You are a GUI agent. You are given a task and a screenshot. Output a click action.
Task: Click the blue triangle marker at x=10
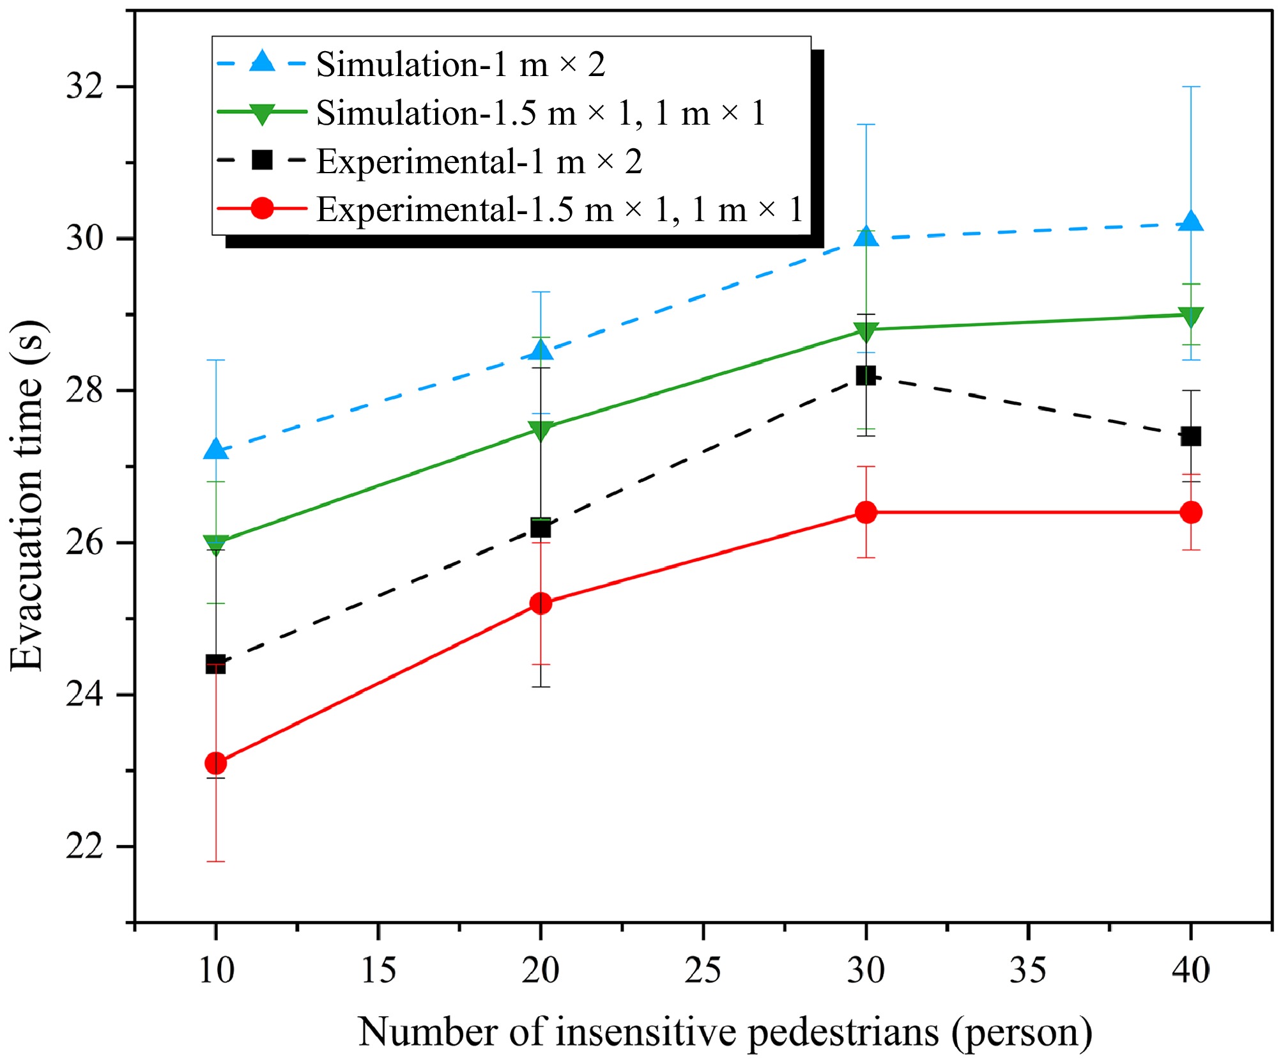coord(216,450)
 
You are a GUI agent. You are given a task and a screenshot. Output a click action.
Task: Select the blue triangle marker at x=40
coord(1191,222)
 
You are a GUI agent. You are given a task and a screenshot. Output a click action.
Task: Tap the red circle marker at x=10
coord(216,763)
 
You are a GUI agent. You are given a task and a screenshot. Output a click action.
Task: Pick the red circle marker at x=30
coord(866,512)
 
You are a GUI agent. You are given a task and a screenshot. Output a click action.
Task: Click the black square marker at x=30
coord(866,375)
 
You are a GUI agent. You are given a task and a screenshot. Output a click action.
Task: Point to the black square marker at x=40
coord(1191,437)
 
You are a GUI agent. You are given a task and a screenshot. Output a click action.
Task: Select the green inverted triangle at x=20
coord(541,431)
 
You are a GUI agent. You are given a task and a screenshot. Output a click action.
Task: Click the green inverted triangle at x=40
coord(1191,316)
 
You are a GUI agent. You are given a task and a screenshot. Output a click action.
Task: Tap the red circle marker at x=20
coord(541,603)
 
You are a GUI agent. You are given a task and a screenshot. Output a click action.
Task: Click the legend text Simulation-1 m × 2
coord(460,65)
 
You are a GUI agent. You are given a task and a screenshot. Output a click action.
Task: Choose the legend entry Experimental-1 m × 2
coord(479,161)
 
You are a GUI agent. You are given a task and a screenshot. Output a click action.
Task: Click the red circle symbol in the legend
coord(262,208)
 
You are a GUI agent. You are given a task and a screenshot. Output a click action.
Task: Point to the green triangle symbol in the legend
coord(262,114)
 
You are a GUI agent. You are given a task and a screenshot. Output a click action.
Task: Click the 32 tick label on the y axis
coord(84,86)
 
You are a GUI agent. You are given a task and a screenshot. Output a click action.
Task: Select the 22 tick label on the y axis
coord(84,846)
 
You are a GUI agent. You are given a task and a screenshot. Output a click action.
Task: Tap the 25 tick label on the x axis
coord(703,970)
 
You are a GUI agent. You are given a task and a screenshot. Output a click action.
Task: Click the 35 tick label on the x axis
coord(1028,970)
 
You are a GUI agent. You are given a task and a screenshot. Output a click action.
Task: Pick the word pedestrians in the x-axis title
coord(843,1032)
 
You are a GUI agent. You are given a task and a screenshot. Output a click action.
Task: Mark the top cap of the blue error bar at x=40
coord(1191,86)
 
